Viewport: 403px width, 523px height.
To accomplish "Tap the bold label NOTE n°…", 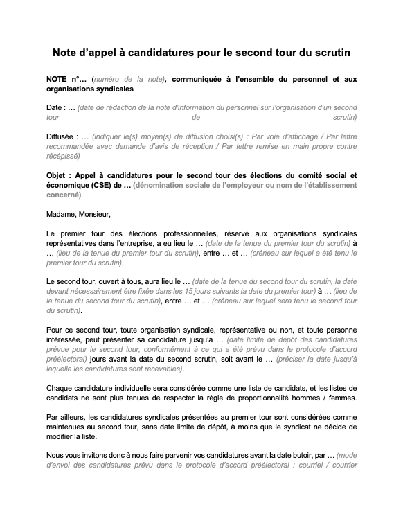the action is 66,80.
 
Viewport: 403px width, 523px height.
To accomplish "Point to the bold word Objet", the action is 60,176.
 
